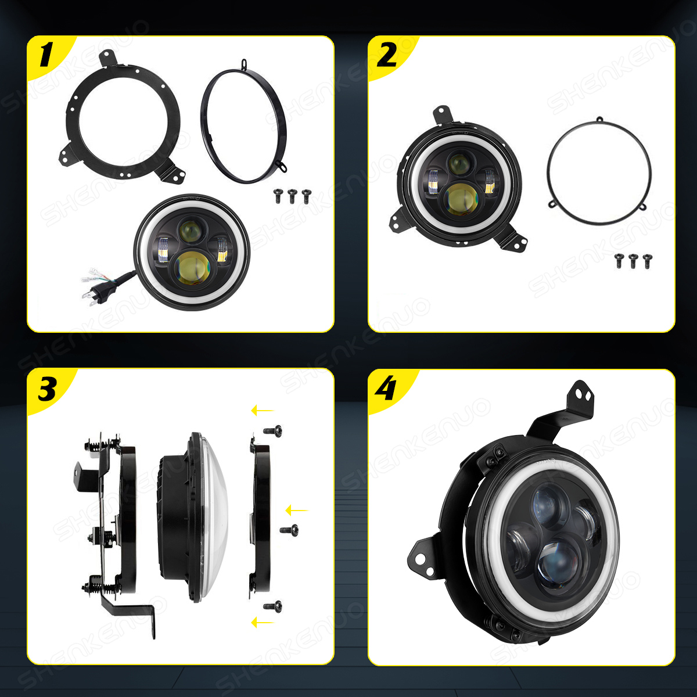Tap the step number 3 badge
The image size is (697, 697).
[47, 389]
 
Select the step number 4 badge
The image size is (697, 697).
[386, 389]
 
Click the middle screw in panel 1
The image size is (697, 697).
[292, 196]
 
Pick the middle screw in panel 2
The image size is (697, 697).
[633, 261]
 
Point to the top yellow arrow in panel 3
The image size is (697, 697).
[263, 411]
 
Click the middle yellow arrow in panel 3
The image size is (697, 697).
[297, 511]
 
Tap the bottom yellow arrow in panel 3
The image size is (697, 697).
[263, 623]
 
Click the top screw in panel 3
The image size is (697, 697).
[273, 431]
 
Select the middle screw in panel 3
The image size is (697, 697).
[289, 530]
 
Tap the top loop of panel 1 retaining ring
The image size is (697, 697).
[245, 64]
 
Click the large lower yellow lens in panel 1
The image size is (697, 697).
[192, 268]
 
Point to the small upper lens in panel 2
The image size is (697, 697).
[459, 163]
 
